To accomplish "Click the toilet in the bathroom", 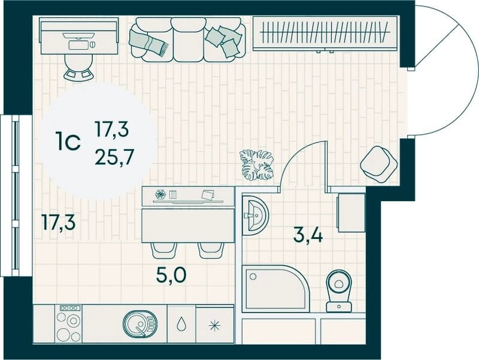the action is (339, 291).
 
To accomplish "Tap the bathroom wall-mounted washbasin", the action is (255, 215).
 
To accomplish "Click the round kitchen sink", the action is (140, 325).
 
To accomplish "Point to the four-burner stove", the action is (69, 323).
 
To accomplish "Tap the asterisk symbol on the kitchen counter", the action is (214, 325).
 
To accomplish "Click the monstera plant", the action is (257, 165).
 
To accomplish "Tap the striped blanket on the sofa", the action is (148, 41).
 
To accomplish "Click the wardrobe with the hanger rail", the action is (325, 34).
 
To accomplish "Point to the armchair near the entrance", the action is (379, 164).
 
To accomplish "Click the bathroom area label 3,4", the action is (308, 235).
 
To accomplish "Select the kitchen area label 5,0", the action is (171, 275).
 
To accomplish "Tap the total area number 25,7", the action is (114, 158).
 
